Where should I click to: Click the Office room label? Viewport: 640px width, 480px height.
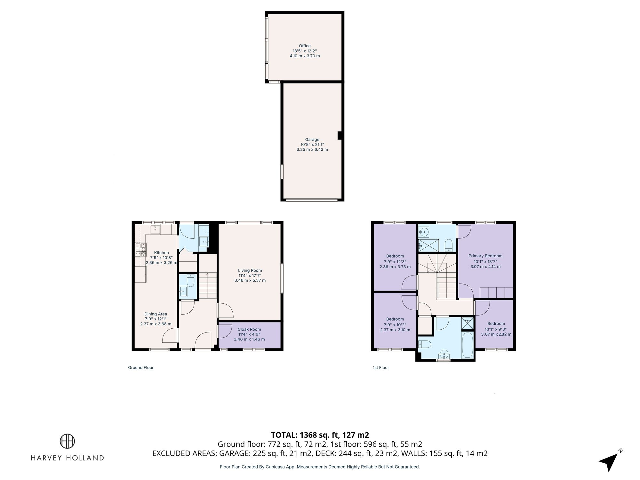pos(305,46)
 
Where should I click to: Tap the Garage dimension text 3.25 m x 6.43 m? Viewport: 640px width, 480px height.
pos(312,149)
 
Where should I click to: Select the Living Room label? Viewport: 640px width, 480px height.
pos(250,270)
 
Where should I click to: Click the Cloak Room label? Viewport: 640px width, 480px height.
pos(249,329)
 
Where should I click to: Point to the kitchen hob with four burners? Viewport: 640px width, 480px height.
pos(141,250)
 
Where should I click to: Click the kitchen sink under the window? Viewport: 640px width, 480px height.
pos(156,229)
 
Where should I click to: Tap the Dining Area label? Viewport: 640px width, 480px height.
pos(156,314)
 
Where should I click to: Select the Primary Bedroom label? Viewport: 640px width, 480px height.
pos(485,256)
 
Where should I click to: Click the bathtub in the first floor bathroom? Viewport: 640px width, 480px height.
pos(467,346)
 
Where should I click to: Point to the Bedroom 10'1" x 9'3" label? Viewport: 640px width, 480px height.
pos(496,324)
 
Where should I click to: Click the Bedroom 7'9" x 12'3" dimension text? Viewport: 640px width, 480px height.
pos(395,261)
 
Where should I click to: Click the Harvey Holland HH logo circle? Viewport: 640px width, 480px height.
pos(67,441)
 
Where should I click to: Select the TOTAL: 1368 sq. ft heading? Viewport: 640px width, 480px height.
pos(320,435)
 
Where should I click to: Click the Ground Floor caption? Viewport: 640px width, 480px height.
pos(141,367)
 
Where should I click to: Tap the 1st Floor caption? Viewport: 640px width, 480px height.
pos(380,367)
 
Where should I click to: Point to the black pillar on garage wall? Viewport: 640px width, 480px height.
pos(340,136)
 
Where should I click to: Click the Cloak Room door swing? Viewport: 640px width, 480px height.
pos(225,331)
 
